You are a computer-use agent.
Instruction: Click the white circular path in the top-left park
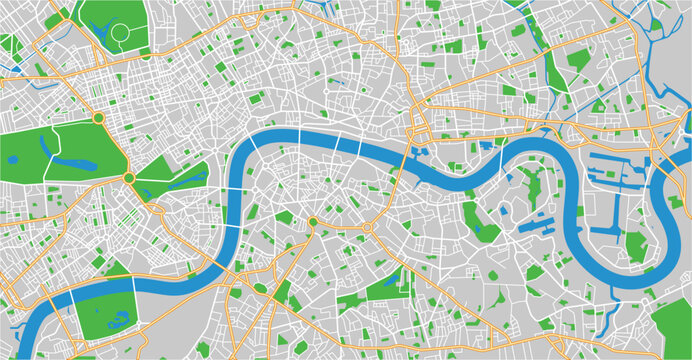pos(120,33)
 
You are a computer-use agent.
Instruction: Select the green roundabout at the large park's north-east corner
pos(98,118)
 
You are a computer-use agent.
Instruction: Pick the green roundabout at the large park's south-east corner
pos(128,178)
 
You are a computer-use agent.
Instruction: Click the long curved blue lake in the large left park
pos(75,161)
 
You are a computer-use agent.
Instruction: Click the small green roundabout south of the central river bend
pos(313,222)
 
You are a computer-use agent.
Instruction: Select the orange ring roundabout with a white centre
pos(366,229)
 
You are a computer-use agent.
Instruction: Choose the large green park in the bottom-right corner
pos(672,330)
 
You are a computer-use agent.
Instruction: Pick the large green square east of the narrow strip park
pos(577,59)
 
